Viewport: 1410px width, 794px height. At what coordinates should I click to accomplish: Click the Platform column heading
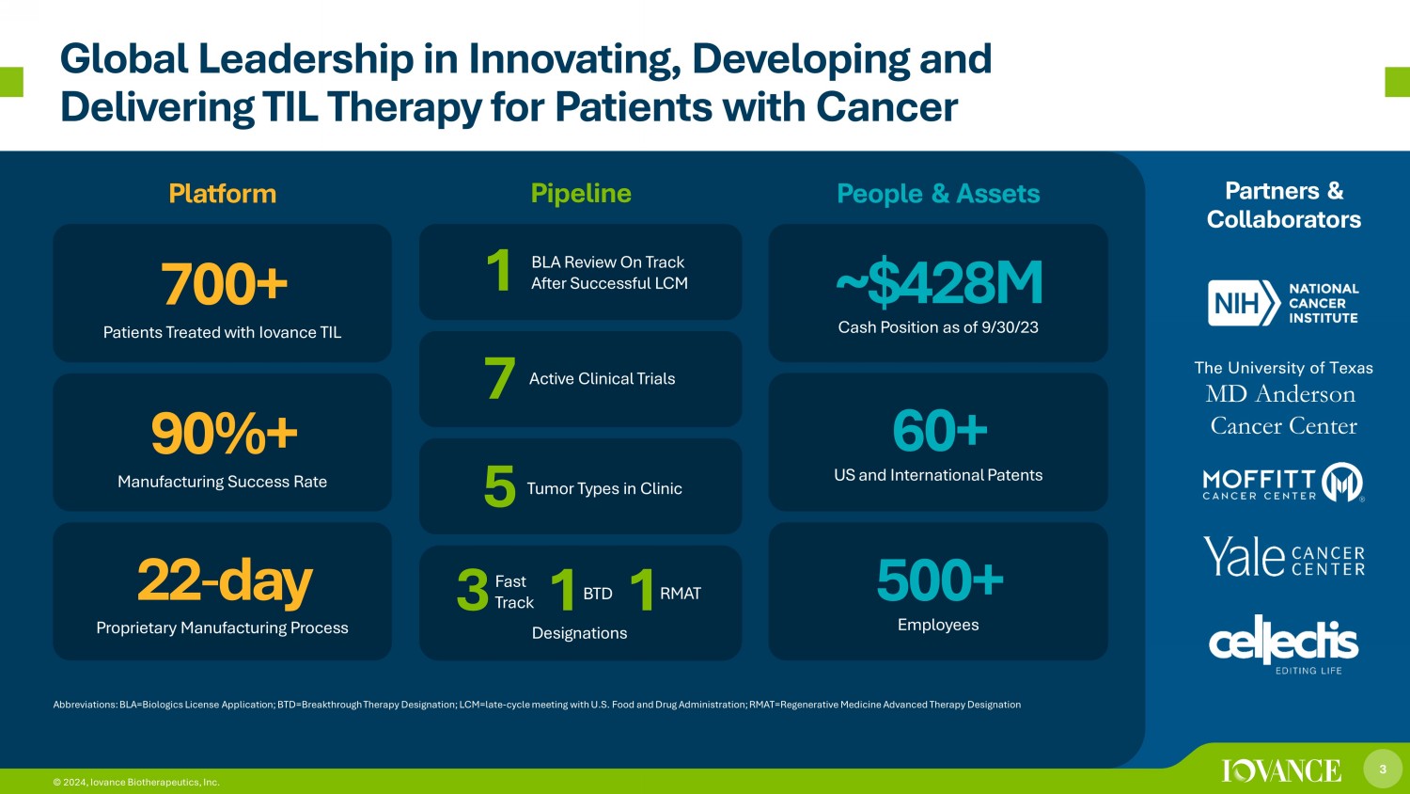tap(222, 194)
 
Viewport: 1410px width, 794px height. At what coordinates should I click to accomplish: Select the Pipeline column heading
tap(580, 194)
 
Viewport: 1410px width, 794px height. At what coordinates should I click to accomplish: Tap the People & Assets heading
tap(938, 194)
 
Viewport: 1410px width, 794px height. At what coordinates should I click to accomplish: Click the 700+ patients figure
tap(224, 284)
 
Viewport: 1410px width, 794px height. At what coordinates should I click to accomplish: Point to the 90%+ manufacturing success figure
tap(224, 433)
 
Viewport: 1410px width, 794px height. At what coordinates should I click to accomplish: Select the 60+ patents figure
tap(940, 431)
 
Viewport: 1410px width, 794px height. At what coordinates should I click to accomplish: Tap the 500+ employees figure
tap(940, 580)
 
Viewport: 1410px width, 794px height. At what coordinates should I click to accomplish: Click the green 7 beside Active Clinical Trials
tap(500, 378)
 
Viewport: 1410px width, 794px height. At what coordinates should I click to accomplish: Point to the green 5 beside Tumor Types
tap(500, 486)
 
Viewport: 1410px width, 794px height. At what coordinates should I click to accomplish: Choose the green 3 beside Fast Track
tap(473, 591)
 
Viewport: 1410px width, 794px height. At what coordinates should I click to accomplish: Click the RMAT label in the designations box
tap(681, 594)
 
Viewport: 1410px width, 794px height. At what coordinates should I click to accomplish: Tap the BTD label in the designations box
tap(597, 594)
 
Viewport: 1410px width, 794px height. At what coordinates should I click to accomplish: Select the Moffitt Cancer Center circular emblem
tap(1342, 482)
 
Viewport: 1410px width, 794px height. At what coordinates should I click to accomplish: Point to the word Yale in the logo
tap(1244, 556)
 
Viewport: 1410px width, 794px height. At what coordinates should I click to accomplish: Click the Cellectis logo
tap(1283, 644)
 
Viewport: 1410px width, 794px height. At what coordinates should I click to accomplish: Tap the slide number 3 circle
tap(1383, 769)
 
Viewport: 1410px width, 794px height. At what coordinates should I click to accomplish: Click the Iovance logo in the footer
tap(1281, 770)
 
